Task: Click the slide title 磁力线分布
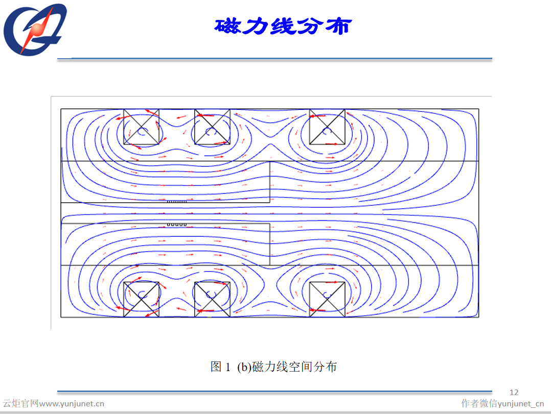[283, 26]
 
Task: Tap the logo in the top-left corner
[35, 29]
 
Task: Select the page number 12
[514, 392]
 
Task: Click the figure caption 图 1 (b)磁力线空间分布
[273, 367]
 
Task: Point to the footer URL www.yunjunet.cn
[72, 404]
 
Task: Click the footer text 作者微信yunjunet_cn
[502, 403]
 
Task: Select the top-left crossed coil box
[141, 127]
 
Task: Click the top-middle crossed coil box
[212, 127]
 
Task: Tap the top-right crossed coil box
[327, 127]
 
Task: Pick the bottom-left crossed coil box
[141, 299]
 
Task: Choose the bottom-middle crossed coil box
[212, 299]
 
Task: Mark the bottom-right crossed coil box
[327, 299]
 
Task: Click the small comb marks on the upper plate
[177, 201]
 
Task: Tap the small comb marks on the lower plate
[177, 224]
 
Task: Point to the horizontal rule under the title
[274, 59]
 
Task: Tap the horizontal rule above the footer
[274, 392]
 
